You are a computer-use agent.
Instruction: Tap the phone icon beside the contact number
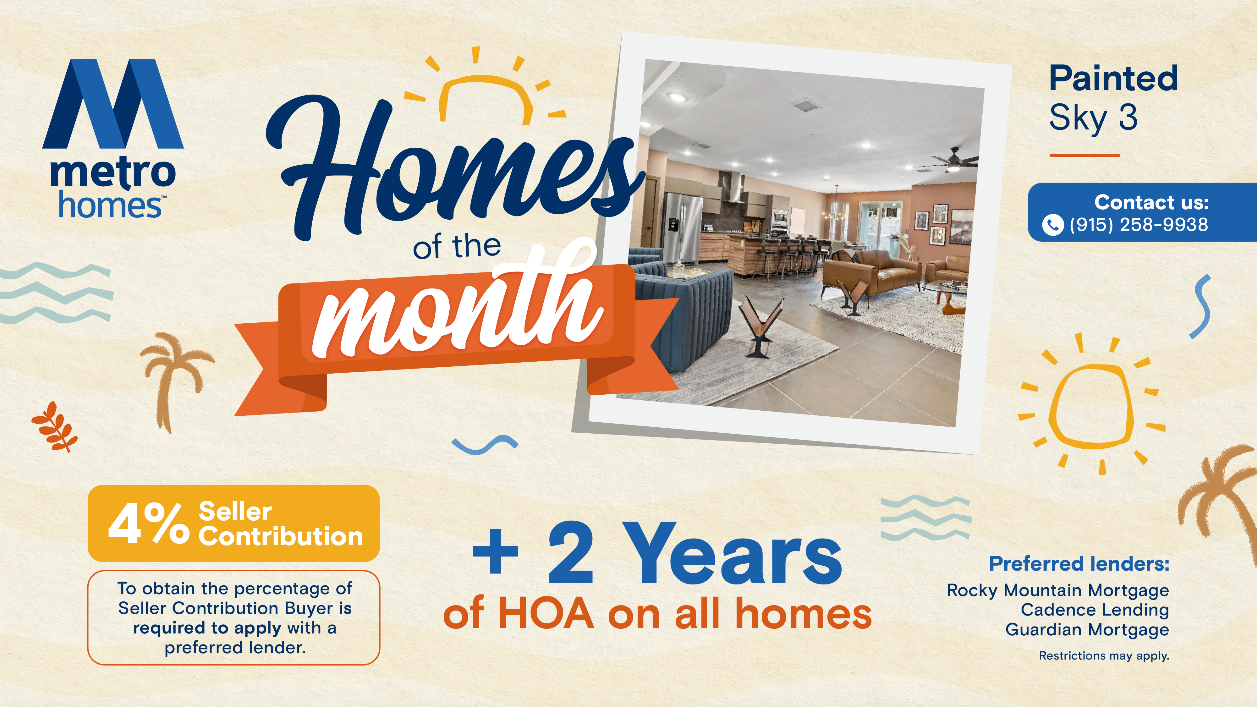tap(1052, 225)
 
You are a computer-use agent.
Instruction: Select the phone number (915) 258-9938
tap(1139, 224)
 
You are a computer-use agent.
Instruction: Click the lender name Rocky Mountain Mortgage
tap(1058, 590)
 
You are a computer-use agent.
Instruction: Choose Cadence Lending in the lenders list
tap(1095, 610)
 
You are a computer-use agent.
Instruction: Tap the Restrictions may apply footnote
tap(1104, 656)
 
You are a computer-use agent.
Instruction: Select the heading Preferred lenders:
tap(1079, 564)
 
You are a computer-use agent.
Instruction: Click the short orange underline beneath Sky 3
tap(1084, 156)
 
